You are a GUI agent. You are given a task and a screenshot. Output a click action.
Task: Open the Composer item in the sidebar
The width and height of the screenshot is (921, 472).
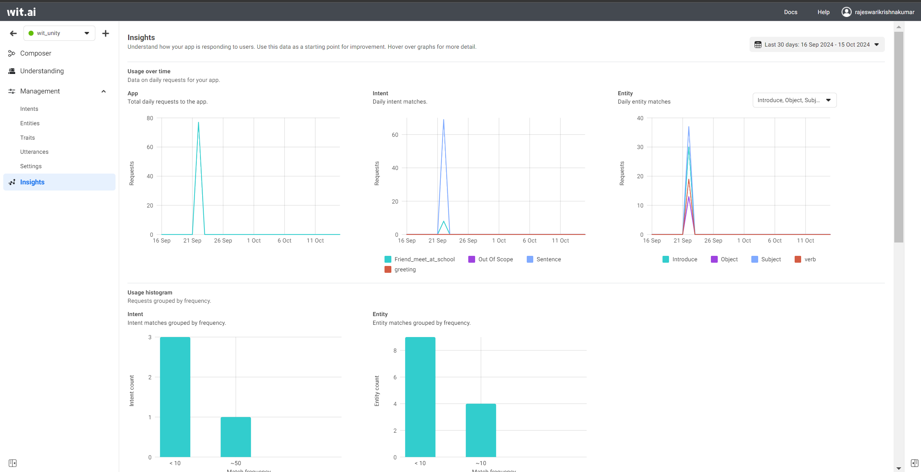[35, 53]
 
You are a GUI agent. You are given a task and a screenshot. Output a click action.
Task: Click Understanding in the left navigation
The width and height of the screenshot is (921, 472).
[42, 71]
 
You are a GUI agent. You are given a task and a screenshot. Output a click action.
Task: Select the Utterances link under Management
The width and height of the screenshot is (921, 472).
[34, 152]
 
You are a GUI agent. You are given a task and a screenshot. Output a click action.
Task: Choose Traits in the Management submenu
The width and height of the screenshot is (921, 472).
[27, 138]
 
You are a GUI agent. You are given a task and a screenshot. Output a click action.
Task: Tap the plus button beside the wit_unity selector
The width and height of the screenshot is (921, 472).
[105, 34]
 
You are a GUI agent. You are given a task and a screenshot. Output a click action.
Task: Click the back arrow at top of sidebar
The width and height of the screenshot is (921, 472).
[13, 34]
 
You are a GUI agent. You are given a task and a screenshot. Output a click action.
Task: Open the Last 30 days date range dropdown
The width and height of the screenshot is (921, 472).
[817, 45]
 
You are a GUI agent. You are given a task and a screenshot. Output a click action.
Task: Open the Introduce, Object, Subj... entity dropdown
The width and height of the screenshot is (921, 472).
[794, 100]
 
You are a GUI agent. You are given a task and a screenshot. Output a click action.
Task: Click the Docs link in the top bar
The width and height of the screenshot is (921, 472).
[790, 12]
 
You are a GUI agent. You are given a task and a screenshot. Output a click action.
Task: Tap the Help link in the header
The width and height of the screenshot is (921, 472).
[823, 12]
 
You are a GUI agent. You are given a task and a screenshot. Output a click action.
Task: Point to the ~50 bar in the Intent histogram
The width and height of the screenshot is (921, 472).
[236, 437]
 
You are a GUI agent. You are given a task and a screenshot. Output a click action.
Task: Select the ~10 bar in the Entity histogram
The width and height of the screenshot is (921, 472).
[481, 430]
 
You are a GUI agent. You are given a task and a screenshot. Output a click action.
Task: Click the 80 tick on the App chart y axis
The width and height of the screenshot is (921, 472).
[150, 118]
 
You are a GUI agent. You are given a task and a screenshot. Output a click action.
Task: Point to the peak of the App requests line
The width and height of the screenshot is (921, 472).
[198, 123]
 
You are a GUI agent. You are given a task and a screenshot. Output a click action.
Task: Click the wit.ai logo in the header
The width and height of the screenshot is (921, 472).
[21, 12]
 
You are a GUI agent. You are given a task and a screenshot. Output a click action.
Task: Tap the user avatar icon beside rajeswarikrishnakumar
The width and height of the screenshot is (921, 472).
[846, 12]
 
